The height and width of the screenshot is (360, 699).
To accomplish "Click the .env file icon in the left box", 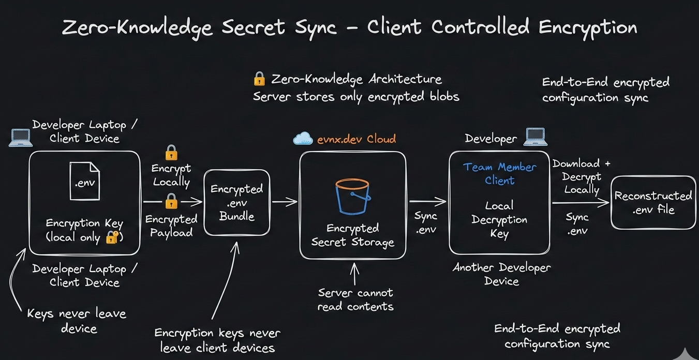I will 85,181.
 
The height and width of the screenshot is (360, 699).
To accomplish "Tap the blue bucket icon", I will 352,196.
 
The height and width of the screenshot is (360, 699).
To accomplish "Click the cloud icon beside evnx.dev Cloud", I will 303,139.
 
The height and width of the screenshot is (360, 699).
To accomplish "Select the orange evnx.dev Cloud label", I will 356,139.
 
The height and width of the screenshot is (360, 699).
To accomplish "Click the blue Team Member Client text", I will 499,174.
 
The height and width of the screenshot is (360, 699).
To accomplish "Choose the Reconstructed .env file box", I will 653,203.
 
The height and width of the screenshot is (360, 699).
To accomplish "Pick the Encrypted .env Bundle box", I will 236,203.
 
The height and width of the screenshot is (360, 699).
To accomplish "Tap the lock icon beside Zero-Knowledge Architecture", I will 259,79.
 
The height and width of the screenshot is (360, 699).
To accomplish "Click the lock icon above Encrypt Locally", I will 171,153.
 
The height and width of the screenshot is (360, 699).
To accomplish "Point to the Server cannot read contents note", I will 355,299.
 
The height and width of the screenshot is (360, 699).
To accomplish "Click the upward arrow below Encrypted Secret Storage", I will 355,274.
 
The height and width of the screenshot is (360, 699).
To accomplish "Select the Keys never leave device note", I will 77,321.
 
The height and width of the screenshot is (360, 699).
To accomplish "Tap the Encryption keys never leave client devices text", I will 217,340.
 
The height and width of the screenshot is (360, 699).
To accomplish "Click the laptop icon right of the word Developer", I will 535,137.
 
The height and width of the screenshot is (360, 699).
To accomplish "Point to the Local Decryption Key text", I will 499,219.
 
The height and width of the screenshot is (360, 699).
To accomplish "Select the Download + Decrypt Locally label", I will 581,176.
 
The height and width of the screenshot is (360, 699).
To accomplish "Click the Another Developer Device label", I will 501,274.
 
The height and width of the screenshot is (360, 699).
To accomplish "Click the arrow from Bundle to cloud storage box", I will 285,202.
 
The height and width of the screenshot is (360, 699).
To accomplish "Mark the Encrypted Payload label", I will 171,226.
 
